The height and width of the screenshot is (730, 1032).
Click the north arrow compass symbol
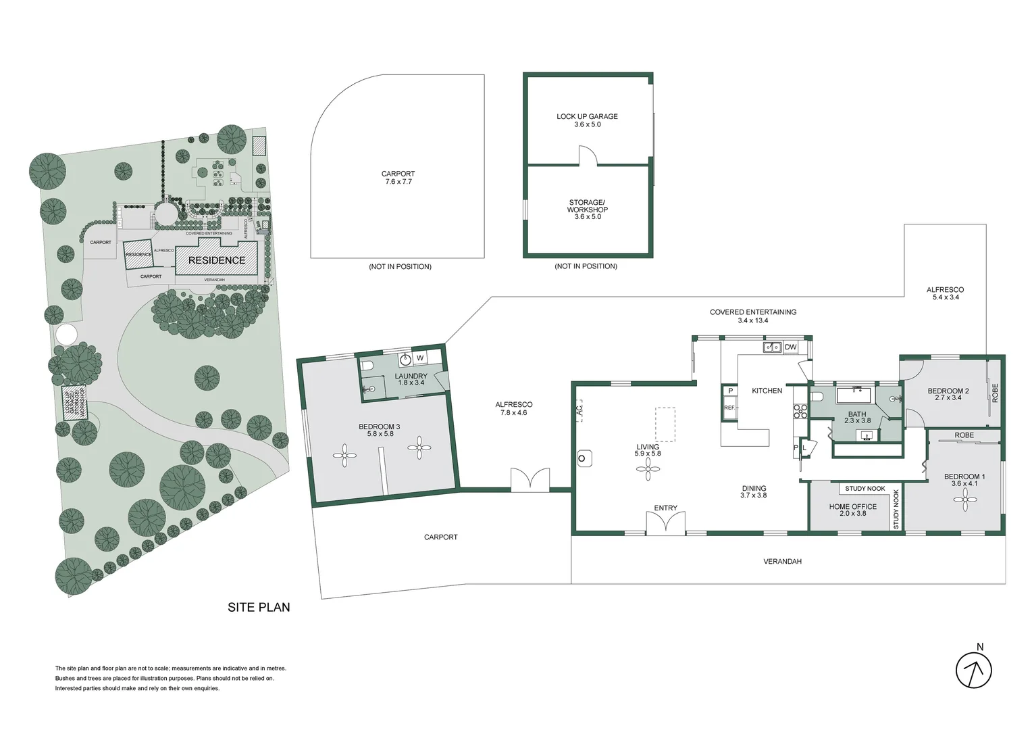[x=973, y=671]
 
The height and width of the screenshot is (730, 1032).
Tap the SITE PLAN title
[x=259, y=607]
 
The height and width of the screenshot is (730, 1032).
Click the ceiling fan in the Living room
[x=648, y=468]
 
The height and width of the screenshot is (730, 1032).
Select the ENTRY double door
[x=665, y=524]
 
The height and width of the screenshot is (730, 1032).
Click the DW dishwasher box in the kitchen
[x=790, y=347]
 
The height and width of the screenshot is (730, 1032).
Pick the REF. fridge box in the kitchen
[x=729, y=408]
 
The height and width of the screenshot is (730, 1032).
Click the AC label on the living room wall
[x=579, y=410]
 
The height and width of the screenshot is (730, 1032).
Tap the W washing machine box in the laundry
[x=420, y=358]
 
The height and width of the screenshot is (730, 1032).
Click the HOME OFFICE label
[x=853, y=506]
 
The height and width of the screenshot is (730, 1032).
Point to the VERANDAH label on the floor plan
[x=782, y=561]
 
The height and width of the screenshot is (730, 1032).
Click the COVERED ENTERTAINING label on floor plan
[x=752, y=312]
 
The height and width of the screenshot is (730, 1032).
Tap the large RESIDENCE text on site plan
[x=217, y=260]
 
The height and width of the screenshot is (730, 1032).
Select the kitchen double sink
[x=772, y=347]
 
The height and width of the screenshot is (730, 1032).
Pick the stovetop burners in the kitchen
[x=800, y=412]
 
